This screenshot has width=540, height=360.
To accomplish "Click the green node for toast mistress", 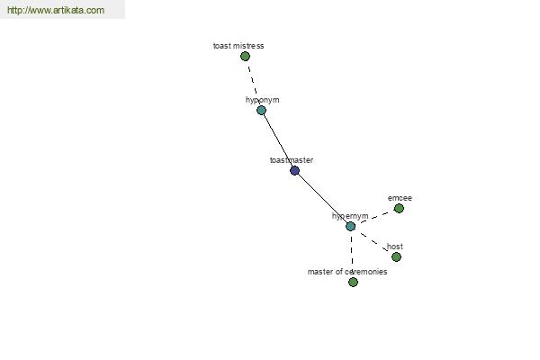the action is click(245, 56).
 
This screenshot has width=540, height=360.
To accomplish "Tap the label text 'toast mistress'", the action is click(238, 46).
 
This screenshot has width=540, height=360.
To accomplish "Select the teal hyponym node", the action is click(261, 110).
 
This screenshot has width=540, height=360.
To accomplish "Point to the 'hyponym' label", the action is click(263, 100).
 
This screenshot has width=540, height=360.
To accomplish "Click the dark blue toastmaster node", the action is click(295, 170).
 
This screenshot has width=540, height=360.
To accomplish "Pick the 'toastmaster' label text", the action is click(292, 160).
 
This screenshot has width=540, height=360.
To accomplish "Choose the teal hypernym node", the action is click(351, 226).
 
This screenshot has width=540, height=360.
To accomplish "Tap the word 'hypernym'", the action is click(350, 216).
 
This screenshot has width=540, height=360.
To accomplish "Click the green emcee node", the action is click(399, 209).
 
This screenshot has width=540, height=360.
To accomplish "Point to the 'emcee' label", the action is click(400, 198).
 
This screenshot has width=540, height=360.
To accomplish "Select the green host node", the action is click(396, 257).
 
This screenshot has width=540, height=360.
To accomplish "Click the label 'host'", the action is click(395, 247).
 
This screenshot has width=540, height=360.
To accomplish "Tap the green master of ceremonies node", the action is click(353, 282).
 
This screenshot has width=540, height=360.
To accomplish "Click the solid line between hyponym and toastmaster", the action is click(278, 140).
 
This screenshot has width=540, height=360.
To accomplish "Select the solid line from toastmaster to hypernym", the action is click(323, 198).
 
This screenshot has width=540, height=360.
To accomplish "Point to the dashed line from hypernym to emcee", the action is click(374, 218).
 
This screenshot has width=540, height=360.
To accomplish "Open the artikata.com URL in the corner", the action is click(56, 10).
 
